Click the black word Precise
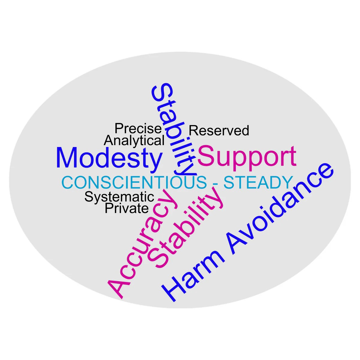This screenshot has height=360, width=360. tap(138, 128)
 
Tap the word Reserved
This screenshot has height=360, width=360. tap(219, 130)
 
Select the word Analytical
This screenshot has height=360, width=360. tap(134, 140)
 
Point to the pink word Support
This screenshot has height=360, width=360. tap(247, 158)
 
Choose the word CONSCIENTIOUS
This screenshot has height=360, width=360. tap(134, 182)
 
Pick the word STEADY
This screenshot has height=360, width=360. tap(258, 182)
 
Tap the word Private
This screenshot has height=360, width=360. tap(127, 208)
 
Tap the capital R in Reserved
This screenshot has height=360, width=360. tap(193, 130)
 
